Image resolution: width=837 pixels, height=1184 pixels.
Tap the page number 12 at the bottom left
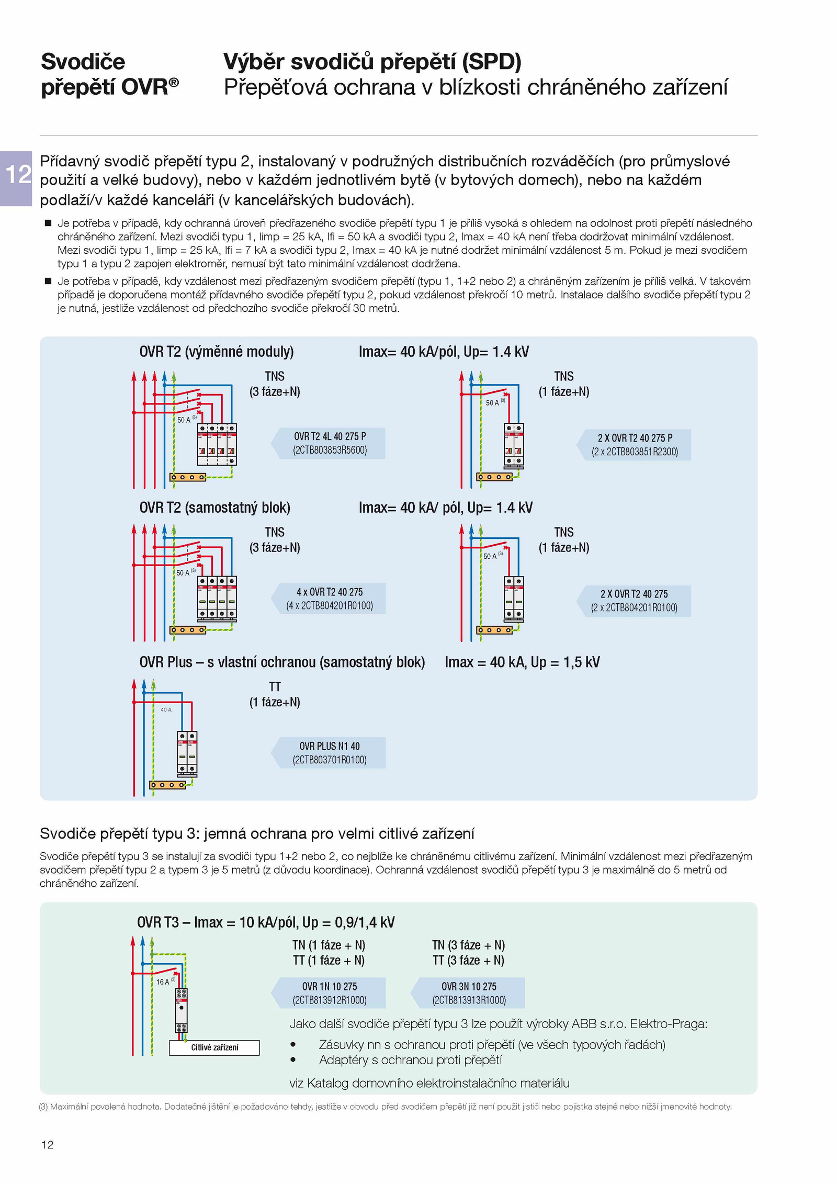pos(47,1145)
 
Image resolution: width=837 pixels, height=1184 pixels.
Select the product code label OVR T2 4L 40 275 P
pos(330,436)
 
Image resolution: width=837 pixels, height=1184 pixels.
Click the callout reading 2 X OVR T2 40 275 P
pos(635,438)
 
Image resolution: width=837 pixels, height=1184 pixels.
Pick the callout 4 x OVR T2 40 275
pos(330,592)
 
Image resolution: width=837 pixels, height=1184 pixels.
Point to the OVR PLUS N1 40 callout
pos(330,746)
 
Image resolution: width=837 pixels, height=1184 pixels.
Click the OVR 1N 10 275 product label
pos(330,986)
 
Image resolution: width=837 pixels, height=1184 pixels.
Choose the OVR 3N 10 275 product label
pos(469,986)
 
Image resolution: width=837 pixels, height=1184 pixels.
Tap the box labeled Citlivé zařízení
pos(214,1047)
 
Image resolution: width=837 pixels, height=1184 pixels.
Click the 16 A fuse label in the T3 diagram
pos(163,982)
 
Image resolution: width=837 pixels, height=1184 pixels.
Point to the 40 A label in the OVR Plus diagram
pos(166,709)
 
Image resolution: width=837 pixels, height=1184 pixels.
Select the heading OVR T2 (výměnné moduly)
pos(217,352)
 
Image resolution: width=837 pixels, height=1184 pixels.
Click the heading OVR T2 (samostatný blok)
pos(214,508)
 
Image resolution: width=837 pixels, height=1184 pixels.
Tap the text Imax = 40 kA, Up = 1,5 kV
pos(522,662)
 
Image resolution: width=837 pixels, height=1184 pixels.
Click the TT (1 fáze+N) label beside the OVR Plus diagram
pos(275,694)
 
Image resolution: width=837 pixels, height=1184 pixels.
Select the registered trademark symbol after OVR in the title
pos(174,82)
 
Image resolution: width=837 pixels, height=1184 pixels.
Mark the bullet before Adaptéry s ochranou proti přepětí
pos(293,1059)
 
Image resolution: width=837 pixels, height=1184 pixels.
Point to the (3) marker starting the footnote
pos(43,1107)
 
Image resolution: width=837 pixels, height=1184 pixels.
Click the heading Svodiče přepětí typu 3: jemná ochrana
pos(257,833)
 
